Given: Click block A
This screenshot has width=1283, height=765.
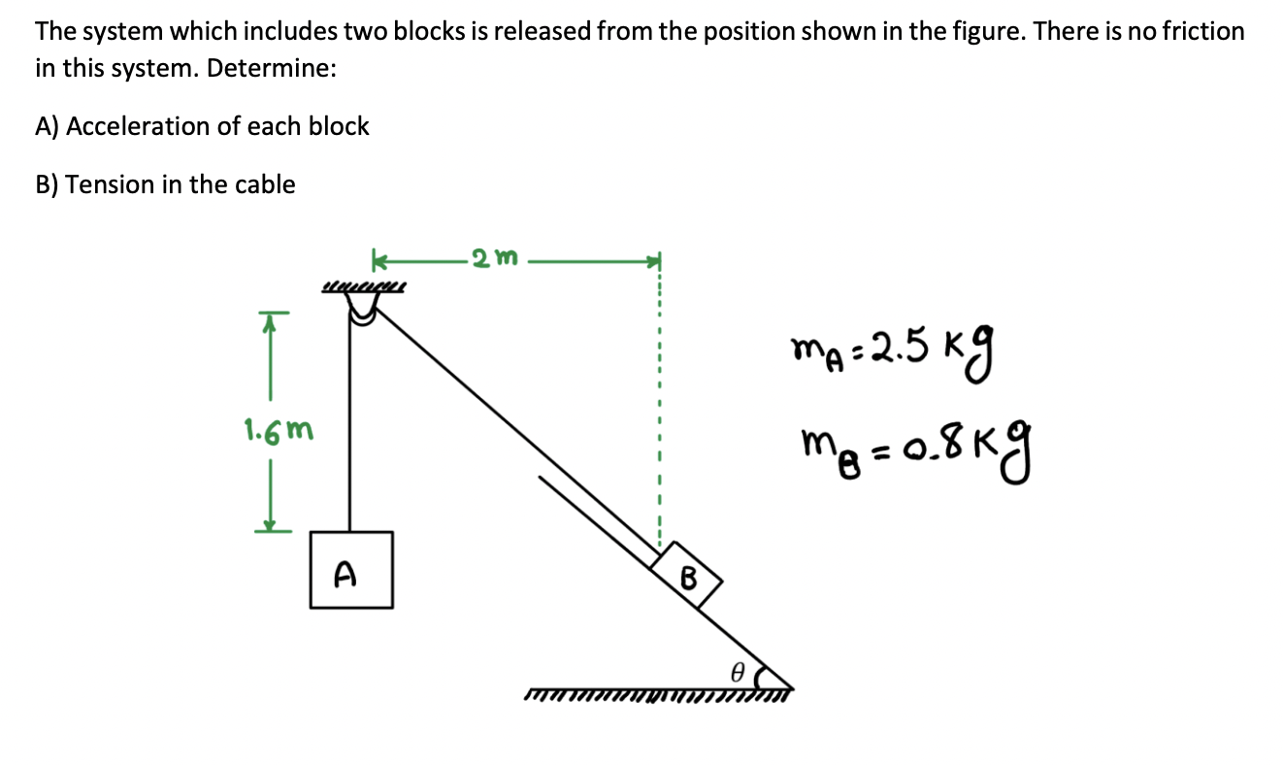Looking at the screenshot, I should [351, 569].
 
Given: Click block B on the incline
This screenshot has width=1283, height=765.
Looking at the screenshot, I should [687, 575].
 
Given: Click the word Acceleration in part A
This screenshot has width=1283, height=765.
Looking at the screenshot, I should [141, 126].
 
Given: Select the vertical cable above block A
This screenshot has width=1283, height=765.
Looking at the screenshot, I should [348, 427].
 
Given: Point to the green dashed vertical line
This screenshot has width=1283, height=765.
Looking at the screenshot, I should [660, 408].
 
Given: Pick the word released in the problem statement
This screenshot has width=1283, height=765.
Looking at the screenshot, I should [540, 31].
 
